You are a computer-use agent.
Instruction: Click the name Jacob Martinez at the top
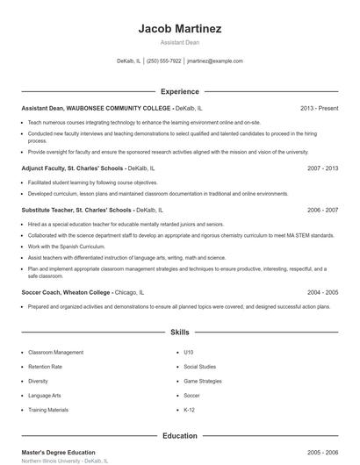tap(180, 28)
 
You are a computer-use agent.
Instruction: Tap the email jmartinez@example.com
tap(215, 61)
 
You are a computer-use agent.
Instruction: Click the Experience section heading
tap(180, 91)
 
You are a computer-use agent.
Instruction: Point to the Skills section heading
tap(180, 333)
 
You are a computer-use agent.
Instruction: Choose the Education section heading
tap(180, 435)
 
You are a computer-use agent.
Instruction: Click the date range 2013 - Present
tap(319, 108)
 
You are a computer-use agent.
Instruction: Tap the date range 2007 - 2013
tap(322, 168)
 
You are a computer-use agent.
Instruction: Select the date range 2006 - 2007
tap(322, 211)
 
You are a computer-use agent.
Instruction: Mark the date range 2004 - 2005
tap(322, 292)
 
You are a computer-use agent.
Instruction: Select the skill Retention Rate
tap(45, 367)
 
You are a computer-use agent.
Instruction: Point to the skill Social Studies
tap(199, 367)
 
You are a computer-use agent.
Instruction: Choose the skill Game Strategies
tap(203, 381)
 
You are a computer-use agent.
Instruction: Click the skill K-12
tap(190, 410)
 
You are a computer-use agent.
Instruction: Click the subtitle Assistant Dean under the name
tap(180, 42)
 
